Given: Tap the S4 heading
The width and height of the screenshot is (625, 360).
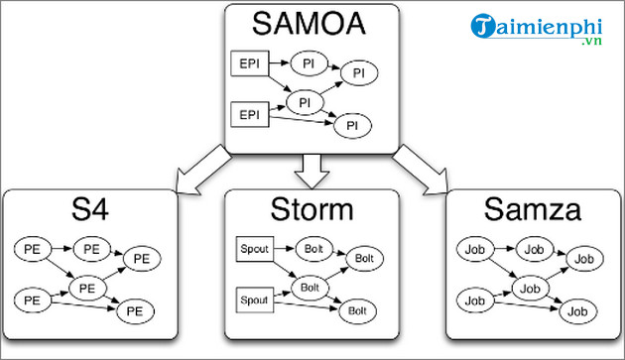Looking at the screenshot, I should pyautogui.click(x=91, y=209).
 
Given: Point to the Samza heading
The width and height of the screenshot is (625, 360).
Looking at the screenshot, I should pyautogui.click(x=532, y=209).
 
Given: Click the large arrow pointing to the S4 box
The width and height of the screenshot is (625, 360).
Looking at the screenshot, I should pyautogui.click(x=202, y=167).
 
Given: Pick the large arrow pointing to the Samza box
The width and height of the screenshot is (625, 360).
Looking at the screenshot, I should pyautogui.click(x=421, y=167).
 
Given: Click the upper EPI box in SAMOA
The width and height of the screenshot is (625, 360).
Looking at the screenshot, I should pyautogui.click(x=247, y=64).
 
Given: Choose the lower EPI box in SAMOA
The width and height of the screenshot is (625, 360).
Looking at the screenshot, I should pyautogui.click(x=247, y=115).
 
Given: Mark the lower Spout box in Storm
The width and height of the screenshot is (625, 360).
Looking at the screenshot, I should pyautogui.click(x=254, y=298).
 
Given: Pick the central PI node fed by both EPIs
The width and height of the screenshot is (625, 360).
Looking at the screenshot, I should pyautogui.click(x=307, y=102).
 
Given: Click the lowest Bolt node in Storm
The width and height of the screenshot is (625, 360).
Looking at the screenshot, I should pyautogui.click(x=356, y=311).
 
